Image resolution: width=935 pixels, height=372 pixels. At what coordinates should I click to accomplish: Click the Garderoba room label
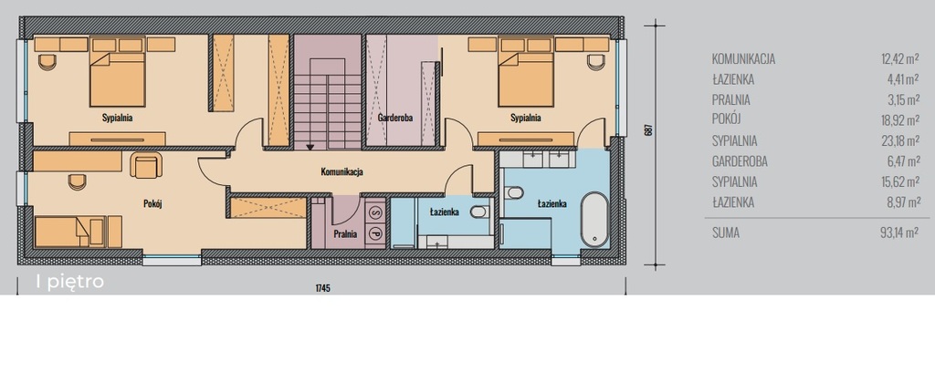tap(394, 118)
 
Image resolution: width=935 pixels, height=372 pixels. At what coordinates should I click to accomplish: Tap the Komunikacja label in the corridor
tap(341, 172)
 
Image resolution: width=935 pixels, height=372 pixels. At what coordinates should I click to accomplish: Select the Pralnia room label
tap(345, 234)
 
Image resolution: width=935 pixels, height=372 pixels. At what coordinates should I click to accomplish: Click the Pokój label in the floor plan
tap(152, 203)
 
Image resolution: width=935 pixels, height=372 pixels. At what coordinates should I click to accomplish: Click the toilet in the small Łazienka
tap(479, 212)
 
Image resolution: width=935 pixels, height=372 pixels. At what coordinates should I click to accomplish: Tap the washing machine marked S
tap(375, 211)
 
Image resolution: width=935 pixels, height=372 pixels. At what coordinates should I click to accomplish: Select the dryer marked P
tap(375, 232)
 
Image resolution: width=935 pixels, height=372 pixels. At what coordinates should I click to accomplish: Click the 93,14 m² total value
tap(898, 232)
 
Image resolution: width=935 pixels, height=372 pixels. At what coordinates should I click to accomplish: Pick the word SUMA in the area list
tap(726, 232)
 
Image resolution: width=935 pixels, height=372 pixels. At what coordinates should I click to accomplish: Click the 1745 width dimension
tap(322, 288)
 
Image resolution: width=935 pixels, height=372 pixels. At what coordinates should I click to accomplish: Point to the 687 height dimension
tap(649, 129)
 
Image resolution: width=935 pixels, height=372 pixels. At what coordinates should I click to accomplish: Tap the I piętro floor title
tap(70, 282)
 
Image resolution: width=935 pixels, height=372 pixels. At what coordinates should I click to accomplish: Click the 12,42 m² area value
tap(899, 59)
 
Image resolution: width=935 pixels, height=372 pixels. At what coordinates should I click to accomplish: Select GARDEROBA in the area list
tap(740, 161)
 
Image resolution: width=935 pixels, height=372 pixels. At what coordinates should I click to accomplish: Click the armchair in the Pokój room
tap(146, 165)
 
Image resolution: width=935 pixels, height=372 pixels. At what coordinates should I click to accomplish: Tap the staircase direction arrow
tap(310, 146)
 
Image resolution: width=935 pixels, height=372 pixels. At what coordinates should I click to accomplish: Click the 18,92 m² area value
tap(899, 120)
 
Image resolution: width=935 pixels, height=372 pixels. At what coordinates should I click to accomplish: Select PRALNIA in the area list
tap(731, 100)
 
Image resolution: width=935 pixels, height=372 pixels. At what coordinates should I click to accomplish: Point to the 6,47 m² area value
tap(901, 161)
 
